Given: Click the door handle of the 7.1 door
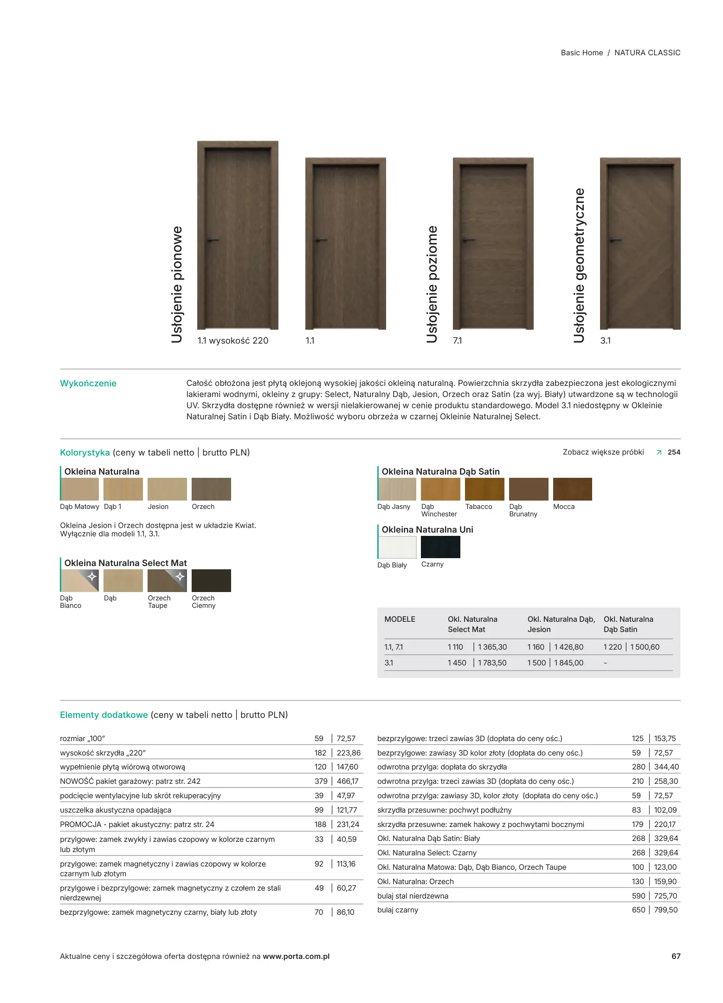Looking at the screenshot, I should [x=468, y=240].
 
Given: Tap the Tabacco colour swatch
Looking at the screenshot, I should [x=484, y=489].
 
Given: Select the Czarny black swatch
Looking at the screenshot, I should [x=440, y=547].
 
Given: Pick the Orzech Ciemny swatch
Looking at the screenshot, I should [x=211, y=580].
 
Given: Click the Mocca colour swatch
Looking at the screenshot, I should [x=572, y=489].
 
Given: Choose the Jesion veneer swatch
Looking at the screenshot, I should [x=167, y=489].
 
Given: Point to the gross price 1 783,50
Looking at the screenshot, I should [x=492, y=663].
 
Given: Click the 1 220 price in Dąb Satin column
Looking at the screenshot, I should [x=613, y=647].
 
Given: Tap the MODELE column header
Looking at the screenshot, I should [x=400, y=619].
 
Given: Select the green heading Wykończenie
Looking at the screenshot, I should [x=88, y=383].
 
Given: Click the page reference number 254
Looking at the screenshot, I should [x=674, y=452].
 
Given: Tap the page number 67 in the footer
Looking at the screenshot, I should [x=676, y=956].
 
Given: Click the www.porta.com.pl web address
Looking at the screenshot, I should [x=296, y=956].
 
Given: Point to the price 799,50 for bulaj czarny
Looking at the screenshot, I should [x=665, y=910].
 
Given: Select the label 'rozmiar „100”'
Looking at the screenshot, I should [x=83, y=738].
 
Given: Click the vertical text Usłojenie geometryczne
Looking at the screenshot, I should [x=579, y=265].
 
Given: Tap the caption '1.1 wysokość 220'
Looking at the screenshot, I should [x=233, y=340].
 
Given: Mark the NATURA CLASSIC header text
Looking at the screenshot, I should [x=647, y=52].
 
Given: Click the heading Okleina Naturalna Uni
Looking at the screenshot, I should [x=427, y=529].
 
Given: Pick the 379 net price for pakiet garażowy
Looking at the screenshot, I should [x=321, y=781].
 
